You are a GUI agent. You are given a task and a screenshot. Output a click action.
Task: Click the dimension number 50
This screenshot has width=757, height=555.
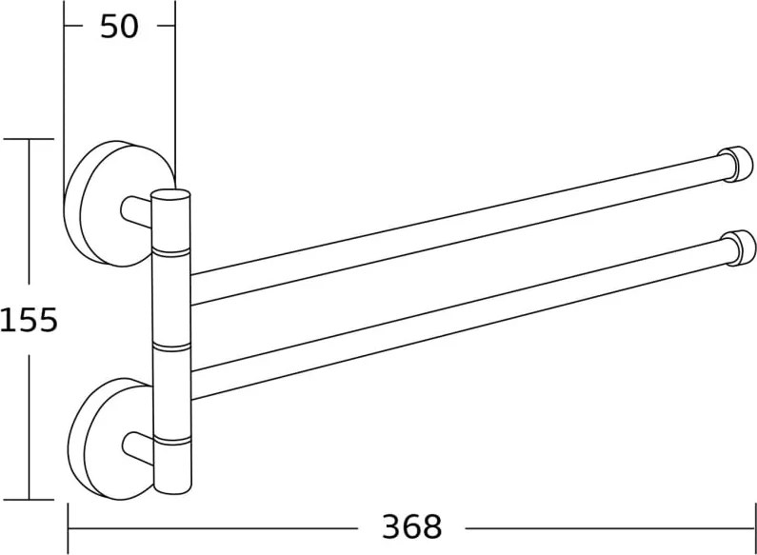pyautogui.click(x=119, y=27)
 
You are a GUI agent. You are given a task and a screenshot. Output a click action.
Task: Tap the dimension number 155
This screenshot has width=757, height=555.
pyautogui.click(x=29, y=320)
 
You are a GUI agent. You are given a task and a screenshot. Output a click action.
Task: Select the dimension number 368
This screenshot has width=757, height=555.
pyautogui.click(x=411, y=526)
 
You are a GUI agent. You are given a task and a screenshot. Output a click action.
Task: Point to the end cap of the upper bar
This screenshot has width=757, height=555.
pyautogui.click(x=736, y=163)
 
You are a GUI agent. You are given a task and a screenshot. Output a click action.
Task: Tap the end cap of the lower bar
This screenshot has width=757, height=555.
pyautogui.click(x=739, y=248)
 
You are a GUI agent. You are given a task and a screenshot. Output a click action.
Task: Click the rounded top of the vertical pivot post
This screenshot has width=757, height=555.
pyautogui.click(x=170, y=195)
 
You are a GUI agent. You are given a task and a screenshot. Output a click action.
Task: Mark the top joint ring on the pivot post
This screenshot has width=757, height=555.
pyautogui.click(x=170, y=252)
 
